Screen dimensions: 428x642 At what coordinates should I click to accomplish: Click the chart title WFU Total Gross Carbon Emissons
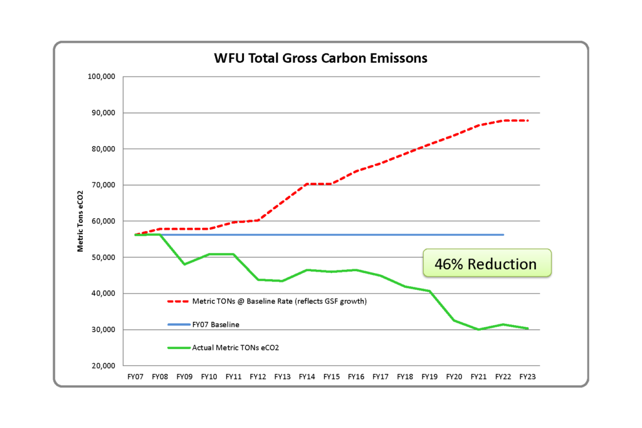coord(320,59)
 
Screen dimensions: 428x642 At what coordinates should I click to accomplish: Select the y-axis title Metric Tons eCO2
coord(81,221)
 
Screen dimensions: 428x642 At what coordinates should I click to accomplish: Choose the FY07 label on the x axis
coord(135,377)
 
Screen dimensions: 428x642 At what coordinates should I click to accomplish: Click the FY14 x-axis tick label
coord(307,377)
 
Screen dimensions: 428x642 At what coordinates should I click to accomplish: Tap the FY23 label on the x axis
coord(527,377)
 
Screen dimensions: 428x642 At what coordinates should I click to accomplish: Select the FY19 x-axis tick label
coord(429,377)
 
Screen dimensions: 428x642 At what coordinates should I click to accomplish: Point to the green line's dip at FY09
coord(184,264)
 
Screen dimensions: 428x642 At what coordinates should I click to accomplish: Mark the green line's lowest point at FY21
coord(478,329)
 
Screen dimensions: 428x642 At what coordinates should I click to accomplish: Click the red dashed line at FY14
coord(307,184)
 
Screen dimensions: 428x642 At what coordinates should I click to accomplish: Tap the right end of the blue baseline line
coord(503,235)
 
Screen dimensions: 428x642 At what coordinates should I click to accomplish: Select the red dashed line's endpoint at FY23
coord(527,120)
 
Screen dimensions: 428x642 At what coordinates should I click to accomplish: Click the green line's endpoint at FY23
coord(527,328)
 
